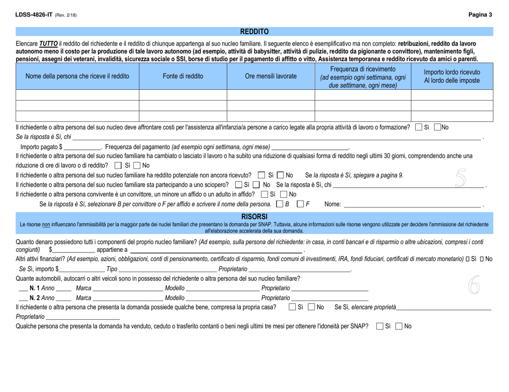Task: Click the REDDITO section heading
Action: tap(254, 32)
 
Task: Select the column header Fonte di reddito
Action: tap(183, 76)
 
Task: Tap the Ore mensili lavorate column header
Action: tap(271, 76)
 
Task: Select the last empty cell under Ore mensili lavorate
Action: tap(271, 116)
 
